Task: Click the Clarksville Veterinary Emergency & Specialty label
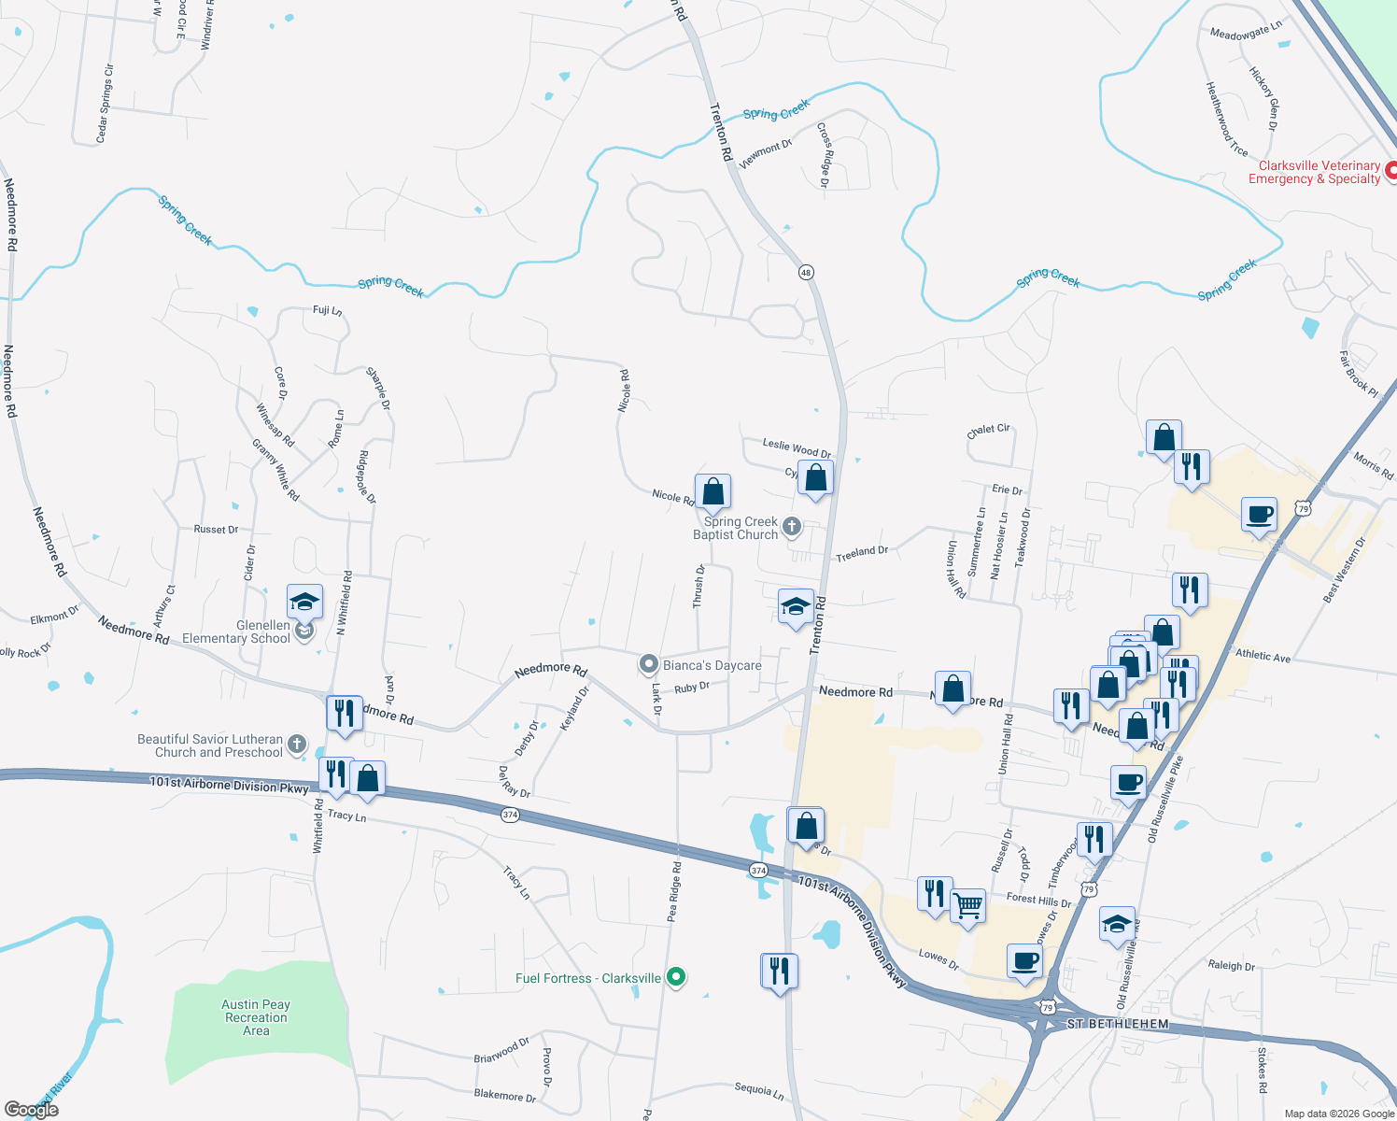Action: coord(1314,173)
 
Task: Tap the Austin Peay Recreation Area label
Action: coord(256,1017)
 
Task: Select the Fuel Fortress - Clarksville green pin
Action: coord(677,978)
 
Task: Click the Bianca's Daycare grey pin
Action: coord(649,665)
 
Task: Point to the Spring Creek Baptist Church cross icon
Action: coord(792,527)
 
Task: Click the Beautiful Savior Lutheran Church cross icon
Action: coord(297,745)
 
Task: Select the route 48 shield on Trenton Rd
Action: coord(806,273)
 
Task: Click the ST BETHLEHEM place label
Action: coord(1118,1024)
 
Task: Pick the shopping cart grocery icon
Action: coord(968,904)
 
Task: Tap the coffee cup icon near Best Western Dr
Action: coord(1260,514)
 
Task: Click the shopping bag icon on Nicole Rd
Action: coord(713,491)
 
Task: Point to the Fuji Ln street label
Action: coord(327,310)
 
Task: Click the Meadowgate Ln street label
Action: coord(1246,33)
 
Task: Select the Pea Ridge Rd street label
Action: coord(674,892)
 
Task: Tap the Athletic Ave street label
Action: coord(1263,656)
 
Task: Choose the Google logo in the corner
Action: coord(32,1110)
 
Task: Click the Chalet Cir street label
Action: coord(988,431)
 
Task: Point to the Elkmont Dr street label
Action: coord(54,617)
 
